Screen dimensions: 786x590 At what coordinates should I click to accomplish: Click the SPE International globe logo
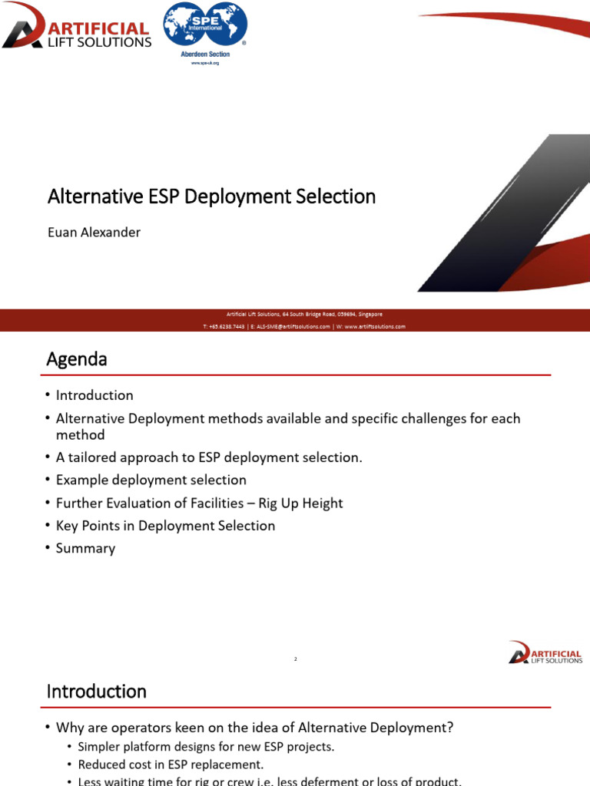click(x=205, y=27)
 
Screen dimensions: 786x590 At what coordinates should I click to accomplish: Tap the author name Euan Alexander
click(x=94, y=232)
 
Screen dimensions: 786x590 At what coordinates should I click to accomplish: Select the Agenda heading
click(x=77, y=358)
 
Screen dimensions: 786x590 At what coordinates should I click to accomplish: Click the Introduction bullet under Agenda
click(x=94, y=395)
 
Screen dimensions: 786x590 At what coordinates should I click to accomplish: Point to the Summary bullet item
click(x=85, y=548)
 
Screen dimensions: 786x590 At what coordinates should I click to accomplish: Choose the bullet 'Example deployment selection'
click(x=151, y=480)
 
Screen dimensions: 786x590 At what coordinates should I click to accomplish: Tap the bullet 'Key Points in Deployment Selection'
click(x=165, y=526)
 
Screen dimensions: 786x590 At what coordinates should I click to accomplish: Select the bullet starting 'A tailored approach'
click(x=208, y=457)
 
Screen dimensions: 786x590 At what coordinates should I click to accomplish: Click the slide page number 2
click(x=295, y=659)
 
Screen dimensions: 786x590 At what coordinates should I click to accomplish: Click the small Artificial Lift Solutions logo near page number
click(x=545, y=652)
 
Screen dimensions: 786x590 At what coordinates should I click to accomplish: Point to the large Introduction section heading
click(x=97, y=692)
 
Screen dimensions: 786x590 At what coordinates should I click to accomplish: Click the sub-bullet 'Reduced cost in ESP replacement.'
click(x=171, y=765)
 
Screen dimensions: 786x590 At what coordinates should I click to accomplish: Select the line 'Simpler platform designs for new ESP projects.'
click(x=206, y=746)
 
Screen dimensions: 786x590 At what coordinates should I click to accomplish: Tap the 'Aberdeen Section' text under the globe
click(x=205, y=54)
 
